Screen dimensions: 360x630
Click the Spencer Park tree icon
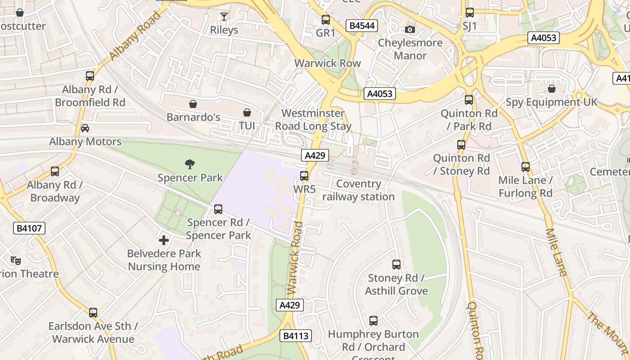[x=190, y=164]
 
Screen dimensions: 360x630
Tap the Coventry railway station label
[x=358, y=190]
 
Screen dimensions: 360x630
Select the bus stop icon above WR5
[x=304, y=176]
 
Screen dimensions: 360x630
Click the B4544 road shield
[x=362, y=26]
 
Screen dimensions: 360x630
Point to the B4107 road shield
[x=29, y=228]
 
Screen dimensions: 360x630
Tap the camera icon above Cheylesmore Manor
[x=409, y=30]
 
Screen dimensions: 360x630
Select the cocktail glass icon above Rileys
[x=224, y=17]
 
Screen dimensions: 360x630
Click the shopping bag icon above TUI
[x=247, y=112]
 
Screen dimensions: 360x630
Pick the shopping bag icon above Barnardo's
[x=193, y=104]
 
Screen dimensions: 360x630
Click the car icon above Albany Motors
[x=85, y=128]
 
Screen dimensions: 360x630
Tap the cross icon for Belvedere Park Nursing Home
[x=164, y=240]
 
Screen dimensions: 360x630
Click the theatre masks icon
[x=16, y=260]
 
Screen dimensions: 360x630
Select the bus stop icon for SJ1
[x=469, y=13]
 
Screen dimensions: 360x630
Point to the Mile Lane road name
[x=556, y=252]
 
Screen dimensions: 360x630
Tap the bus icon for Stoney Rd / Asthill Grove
[x=396, y=265]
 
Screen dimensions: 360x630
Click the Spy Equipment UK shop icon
[x=552, y=89]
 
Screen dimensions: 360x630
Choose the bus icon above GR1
[x=325, y=20]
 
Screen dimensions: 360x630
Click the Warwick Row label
[x=328, y=63]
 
